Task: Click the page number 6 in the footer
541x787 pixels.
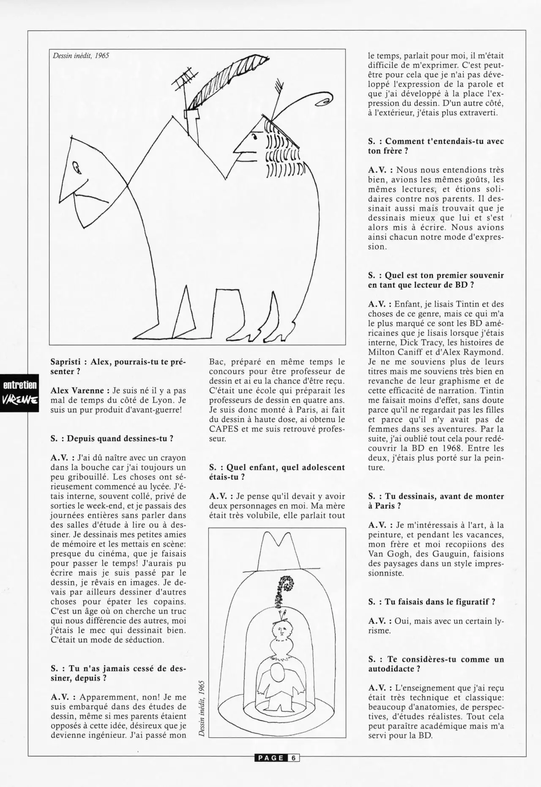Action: [x=293, y=758]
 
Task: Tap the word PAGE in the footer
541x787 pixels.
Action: [x=270, y=758]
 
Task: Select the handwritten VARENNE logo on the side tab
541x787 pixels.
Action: [x=20, y=400]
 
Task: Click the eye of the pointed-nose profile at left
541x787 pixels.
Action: [x=77, y=168]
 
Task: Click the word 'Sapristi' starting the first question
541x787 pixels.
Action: [x=66, y=362]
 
